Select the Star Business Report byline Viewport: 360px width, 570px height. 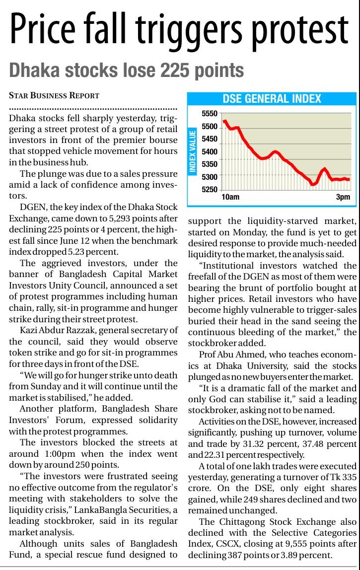(x=54, y=95)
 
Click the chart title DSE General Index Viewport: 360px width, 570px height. (x=272, y=98)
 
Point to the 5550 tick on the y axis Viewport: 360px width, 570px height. (x=210, y=114)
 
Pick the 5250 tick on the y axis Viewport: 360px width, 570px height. (x=210, y=189)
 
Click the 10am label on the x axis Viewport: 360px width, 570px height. (x=230, y=197)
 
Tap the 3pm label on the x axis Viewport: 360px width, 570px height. (x=343, y=197)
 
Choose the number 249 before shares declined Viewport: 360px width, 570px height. (x=262, y=499)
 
